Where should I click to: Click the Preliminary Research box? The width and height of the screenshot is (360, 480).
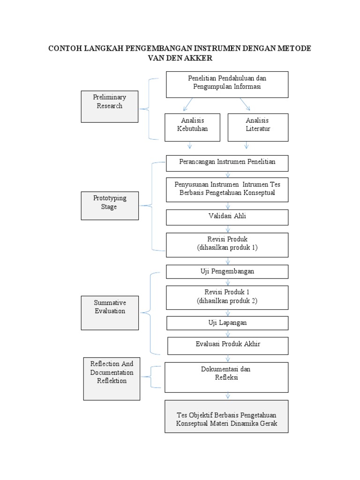(x=109, y=106)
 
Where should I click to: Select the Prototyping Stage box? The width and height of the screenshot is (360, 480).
(x=109, y=205)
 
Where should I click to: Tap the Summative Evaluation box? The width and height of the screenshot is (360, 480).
(x=109, y=313)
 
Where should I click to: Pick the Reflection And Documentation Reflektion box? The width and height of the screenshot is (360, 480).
(x=112, y=379)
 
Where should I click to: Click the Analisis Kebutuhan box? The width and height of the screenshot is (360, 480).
(x=192, y=127)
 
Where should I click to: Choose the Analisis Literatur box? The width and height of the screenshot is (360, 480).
(x=258, y=127)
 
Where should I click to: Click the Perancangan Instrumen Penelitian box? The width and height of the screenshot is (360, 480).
(x=227, y=163)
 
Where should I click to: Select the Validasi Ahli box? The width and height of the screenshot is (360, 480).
(x=227, y=217)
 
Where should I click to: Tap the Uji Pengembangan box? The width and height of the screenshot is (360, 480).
(x=227, y=272)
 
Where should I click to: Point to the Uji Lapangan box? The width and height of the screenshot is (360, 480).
(x=227, y=323)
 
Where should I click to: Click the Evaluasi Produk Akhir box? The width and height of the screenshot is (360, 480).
(x=227, y=345)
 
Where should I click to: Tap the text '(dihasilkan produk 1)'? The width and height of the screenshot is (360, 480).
(x=227, y=247)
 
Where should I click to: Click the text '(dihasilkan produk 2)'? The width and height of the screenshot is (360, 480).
(x=227, y=301)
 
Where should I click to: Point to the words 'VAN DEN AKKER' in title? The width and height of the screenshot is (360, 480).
(x=180, y=58)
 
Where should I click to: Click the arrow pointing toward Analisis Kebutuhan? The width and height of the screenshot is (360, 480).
(x=187, y=105)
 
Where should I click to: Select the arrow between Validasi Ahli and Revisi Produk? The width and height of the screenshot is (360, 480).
(x=228, y=229)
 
